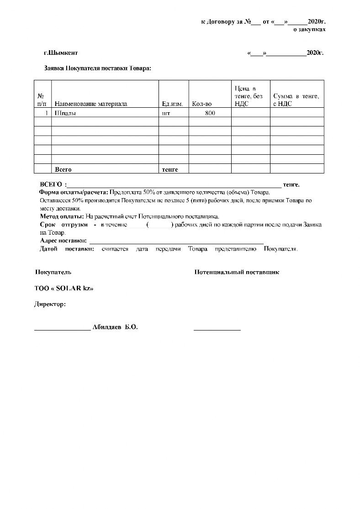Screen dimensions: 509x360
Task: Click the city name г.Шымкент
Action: (61, 53)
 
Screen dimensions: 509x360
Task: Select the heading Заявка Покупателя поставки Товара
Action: (97, 68)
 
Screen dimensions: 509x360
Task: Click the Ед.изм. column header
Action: (173, 104)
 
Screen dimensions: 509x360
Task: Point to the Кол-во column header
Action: (202, 104)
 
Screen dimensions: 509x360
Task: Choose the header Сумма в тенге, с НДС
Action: (296, 100)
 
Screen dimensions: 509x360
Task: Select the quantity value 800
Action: (210, 113)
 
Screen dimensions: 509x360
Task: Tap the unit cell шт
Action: (166, 113)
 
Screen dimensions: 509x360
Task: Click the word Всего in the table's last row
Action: (63, 169)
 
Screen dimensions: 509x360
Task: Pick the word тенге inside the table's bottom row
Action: (170, 169)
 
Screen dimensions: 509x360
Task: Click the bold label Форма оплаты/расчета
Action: (73, 192)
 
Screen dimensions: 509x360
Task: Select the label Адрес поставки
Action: (63, 241)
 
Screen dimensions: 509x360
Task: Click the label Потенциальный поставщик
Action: (237, 272)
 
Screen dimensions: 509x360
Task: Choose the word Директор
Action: (50, 304)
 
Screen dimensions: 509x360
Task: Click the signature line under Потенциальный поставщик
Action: (217, 329)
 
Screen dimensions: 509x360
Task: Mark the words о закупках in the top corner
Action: (309, 29)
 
